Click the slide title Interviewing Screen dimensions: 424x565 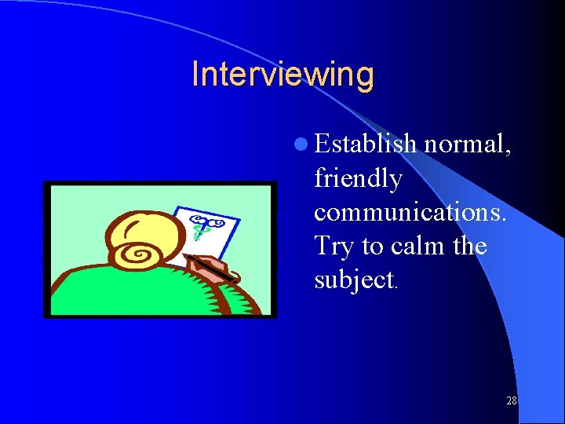(282, 75)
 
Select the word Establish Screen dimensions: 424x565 (366, 144)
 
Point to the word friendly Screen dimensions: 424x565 (358, 180)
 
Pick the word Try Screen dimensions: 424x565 (334, 247)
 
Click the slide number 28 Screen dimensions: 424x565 (511, 401)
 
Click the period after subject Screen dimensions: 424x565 (396, 287)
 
